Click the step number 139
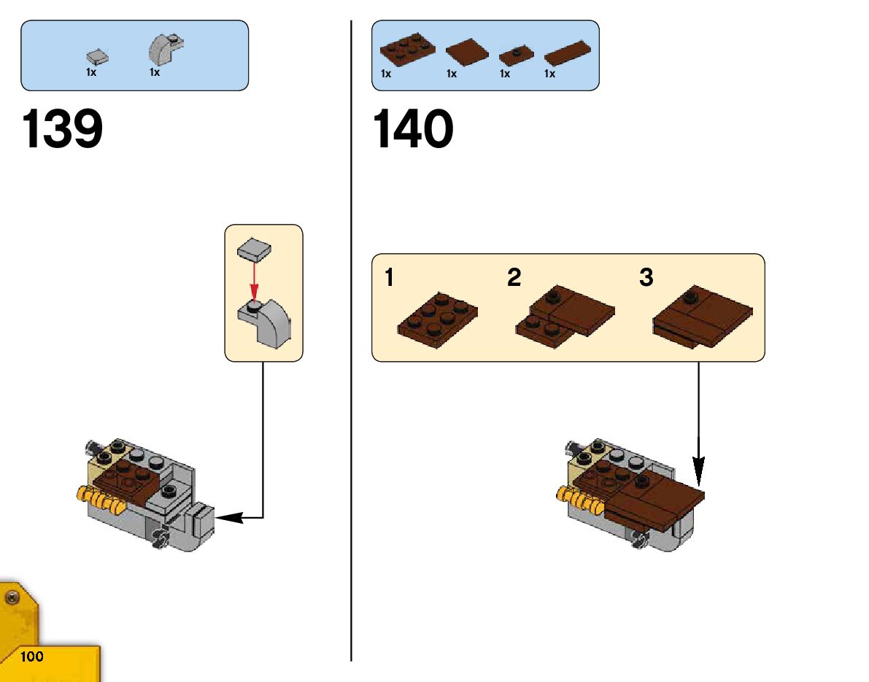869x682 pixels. [63, 130]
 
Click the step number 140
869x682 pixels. [413, 130]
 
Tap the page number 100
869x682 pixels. [32, 656]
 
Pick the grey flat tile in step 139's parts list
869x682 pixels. [96, 57]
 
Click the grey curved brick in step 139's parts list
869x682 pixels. [165, 50]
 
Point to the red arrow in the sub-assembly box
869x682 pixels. [253, 280]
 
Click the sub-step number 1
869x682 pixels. [390, 278]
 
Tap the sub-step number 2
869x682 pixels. [514, 278]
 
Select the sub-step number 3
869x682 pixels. [646, 278]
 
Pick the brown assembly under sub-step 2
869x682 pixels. [565, 315]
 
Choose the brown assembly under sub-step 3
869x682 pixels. [702, 315]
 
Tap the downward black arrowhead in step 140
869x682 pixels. [699, 470]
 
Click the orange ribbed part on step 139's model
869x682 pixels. [98, 500]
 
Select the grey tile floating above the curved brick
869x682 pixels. [253, 249]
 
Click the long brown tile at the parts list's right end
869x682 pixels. [567, 55]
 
